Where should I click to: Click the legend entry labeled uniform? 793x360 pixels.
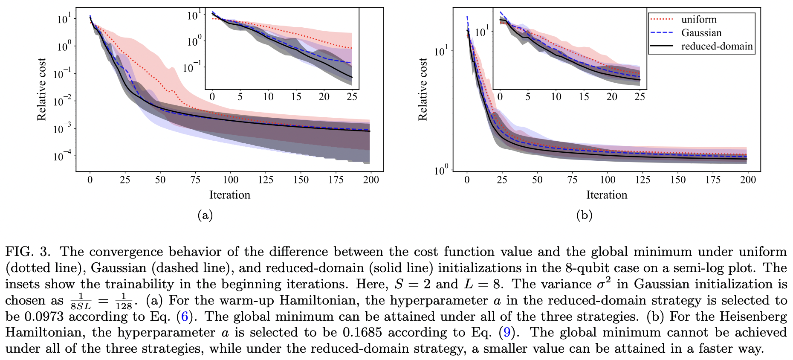(699, 20)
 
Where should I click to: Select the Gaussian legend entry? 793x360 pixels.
(701, 33)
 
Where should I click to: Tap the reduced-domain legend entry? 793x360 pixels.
(717, 46)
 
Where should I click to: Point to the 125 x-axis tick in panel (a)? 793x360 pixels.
(266, 180)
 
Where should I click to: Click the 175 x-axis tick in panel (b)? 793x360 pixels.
(713, 180)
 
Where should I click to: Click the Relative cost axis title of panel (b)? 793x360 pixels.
(422, 90)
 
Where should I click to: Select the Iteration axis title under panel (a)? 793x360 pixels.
(229, 195)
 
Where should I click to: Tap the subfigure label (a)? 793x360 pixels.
(205, 215)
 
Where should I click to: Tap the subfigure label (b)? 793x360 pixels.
(584, 215)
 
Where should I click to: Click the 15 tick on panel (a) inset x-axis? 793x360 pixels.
(296, 97)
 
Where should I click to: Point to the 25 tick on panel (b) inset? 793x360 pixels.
(640, 97)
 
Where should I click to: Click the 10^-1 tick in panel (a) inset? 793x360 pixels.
(192, 67)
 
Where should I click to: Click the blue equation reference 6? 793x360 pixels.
(184, 316)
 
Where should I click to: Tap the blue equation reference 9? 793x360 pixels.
(506, 333)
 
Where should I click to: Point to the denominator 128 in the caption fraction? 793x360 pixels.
(124, 306)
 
